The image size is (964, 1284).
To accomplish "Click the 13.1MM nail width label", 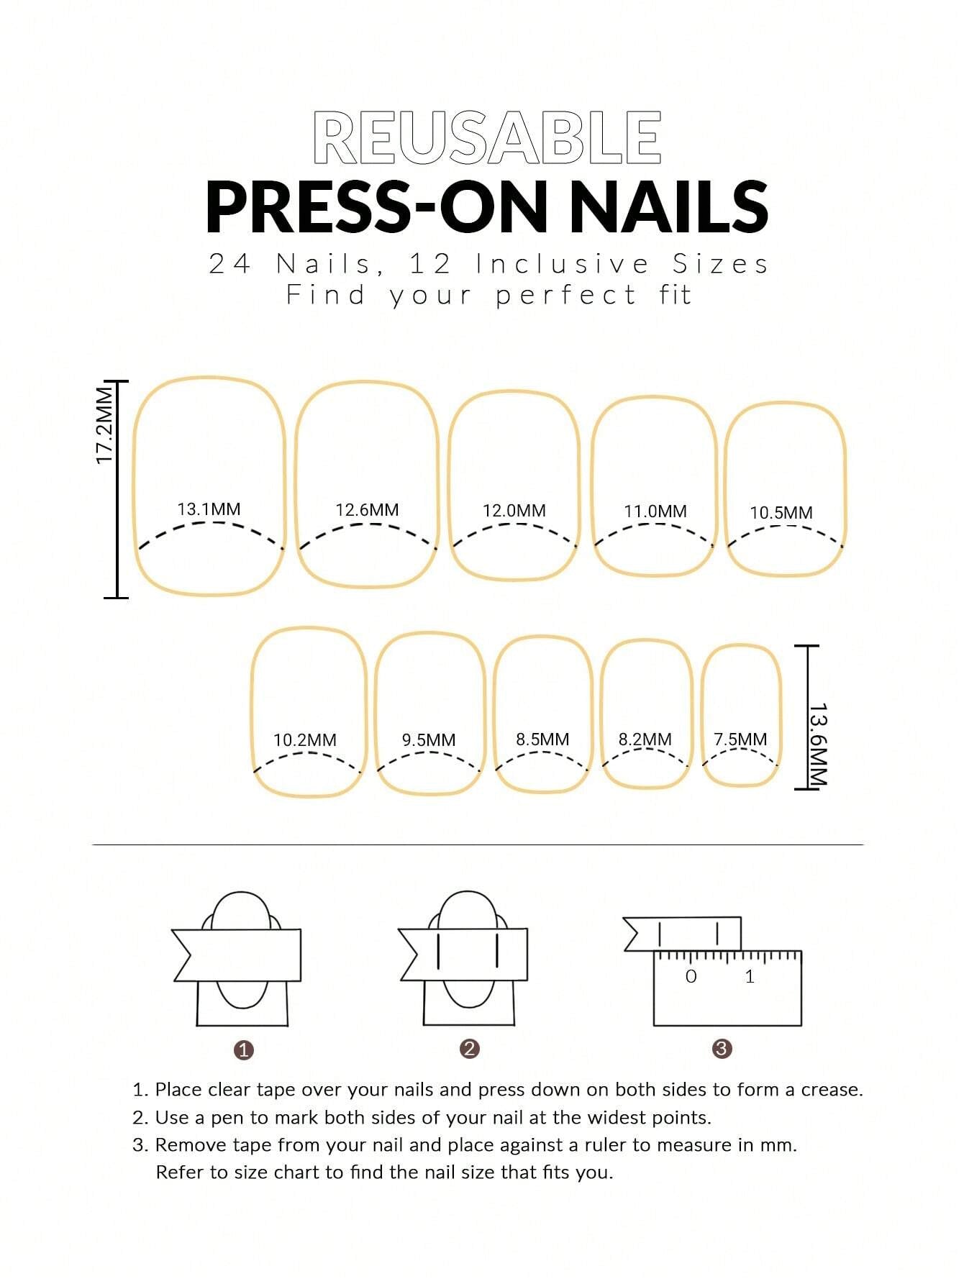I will (209, 509).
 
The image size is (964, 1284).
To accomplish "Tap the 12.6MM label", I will (367, 510).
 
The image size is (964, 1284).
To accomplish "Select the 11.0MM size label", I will (655, 511).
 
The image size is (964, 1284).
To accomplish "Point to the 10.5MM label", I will (781, 513).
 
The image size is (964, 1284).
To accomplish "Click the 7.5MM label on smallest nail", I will (740, 739).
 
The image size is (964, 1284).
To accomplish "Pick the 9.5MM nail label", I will (428, 739).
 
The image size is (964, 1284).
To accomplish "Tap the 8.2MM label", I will (645, 739).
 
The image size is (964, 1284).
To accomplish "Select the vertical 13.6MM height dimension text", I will (818, 745).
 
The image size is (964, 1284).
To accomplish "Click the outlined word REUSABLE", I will (487, 137).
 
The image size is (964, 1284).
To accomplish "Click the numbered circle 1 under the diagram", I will (244, 1050).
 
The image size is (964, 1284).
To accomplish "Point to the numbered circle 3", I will (722, 1049).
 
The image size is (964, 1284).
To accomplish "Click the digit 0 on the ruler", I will (691, 976).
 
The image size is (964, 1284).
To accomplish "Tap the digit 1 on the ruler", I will (750, 976).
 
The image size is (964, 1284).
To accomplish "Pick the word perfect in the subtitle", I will (565, 295).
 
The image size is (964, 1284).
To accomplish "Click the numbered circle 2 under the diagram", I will (469, 1049).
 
